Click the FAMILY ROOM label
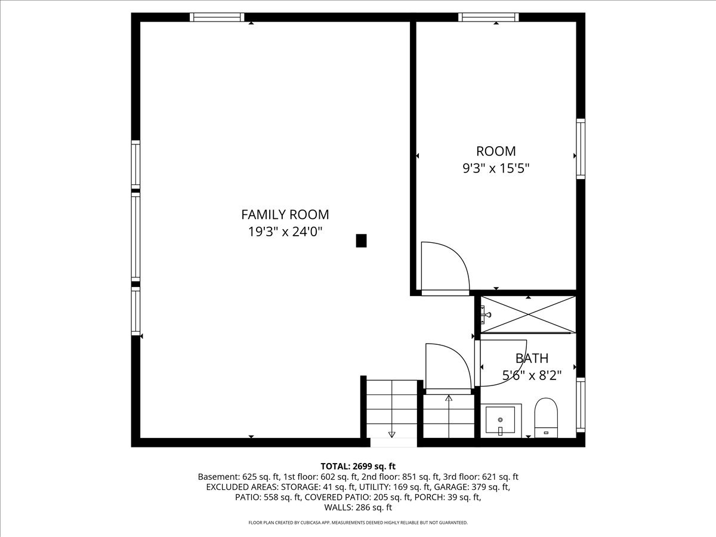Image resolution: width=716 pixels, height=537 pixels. coord(285,215)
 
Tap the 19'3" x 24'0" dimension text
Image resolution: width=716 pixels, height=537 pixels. coord(285,232)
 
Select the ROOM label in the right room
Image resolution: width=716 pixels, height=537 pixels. coord(496,152)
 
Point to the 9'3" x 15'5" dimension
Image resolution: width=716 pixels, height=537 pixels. coord(496,168)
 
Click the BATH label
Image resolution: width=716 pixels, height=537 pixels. coord(532,359)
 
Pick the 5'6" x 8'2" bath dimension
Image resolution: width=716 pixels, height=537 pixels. coord(532,375)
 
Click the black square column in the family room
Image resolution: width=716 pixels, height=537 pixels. coord(361,240)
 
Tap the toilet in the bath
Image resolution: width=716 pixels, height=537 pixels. coord(546,418)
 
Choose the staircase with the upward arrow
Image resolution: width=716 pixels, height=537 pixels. coord(448,415)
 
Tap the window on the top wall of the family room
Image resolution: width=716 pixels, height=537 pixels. coord(217,17)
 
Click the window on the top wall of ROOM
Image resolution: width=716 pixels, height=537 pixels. coord(488,17)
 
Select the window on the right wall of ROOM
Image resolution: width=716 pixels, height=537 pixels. coord(580,149)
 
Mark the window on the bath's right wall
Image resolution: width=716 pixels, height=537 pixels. coord(580,405)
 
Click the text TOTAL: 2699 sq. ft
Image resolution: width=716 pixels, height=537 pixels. coord(358,466)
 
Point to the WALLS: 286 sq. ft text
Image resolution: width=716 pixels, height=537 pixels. coord(358,508)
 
